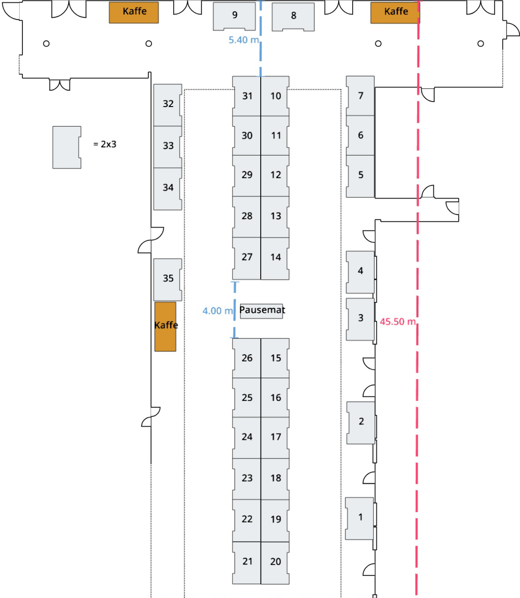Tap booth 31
[247, 96]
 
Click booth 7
[360, 96]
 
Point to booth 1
[360, 517]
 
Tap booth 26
[247, 358]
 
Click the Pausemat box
[261, 311]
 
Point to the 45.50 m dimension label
[398, 322]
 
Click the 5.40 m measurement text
[243, 40]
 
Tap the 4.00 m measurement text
[217, 311]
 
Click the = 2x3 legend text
[105, 144]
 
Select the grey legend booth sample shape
[66, 147]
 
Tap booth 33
[168, 146]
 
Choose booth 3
[360, 318]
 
